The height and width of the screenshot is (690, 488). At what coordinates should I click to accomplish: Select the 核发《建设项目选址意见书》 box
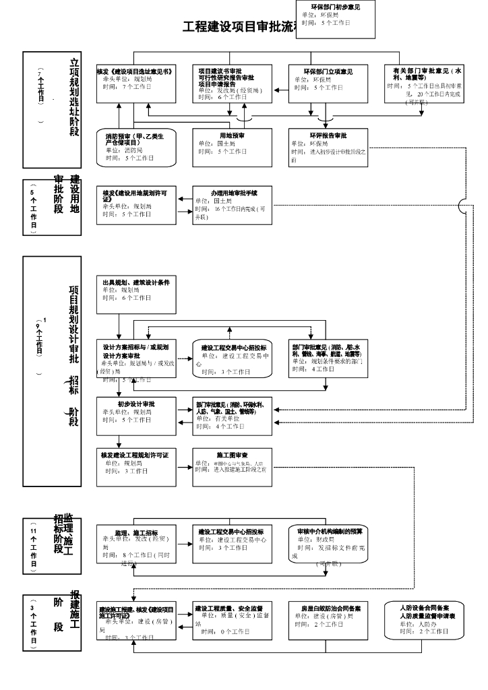coord(137,83)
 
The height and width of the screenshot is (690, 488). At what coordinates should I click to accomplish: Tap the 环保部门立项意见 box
coord(328,83)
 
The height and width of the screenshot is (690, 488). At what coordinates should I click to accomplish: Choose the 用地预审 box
coord(232,148)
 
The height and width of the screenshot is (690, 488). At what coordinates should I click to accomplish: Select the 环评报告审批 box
coord(328,148)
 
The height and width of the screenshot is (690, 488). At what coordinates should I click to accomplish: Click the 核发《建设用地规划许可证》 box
coord(137,204)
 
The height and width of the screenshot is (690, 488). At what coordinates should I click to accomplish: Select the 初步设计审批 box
coord(137,416)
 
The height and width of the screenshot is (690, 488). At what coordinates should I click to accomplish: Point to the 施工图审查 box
coord(233,467)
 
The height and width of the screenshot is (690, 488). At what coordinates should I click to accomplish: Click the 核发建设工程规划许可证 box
coord(137,467)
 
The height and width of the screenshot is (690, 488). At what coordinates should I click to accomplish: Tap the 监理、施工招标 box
coord(137,544)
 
